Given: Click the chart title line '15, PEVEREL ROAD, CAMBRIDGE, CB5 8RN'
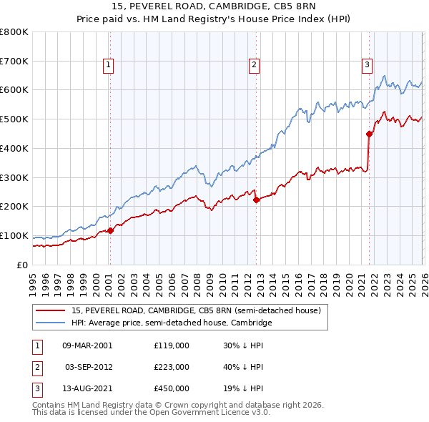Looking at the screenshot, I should click(x=214, y=6).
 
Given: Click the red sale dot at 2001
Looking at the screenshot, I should click(x=110, y=230).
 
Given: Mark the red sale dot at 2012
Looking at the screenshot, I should click(x=256, y=200).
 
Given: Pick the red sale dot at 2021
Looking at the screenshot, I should click(x=370, y=134).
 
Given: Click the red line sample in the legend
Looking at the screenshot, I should click(x=51, y=310).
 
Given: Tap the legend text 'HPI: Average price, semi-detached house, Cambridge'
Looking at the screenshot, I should click(x=172, y=323).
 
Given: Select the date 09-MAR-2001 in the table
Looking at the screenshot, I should click(x=87, y=345).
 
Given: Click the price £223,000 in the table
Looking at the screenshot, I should click(x=172, y=367).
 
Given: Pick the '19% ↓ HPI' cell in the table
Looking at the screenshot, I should click(x=243, y=389).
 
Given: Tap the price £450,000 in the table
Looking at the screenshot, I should click(x=172, y=389).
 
